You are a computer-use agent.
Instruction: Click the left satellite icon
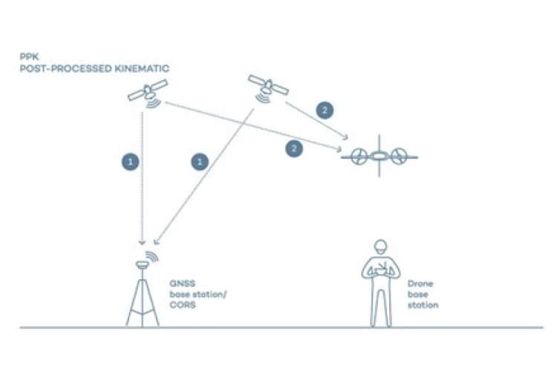coord(146,91)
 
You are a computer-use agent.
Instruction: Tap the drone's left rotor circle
coord(359,157)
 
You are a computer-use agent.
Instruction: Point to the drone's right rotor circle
coord(399,157)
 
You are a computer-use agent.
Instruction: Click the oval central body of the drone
coord(379,157)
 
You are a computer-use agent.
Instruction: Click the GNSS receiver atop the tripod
coord(143,264)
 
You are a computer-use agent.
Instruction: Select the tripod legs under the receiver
coord(143,301)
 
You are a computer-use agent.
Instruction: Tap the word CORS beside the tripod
coord(182,304)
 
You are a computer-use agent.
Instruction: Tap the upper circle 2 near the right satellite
coord(324,110)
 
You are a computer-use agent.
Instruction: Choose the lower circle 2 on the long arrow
coord(295,148)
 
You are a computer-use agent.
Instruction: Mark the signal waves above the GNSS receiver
coord(152,256)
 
